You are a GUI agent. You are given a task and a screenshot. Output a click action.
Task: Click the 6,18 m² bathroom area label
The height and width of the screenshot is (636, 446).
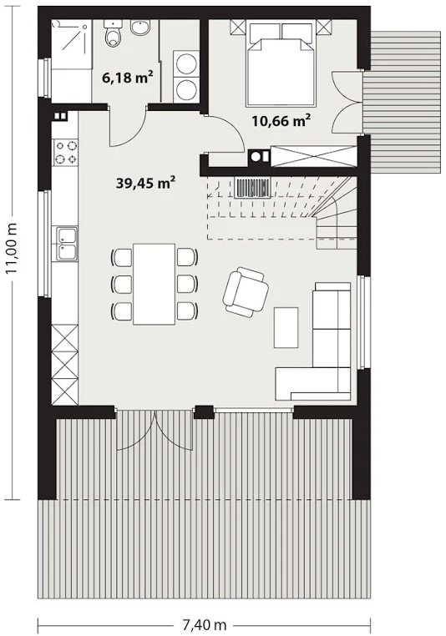pyautogui.click(x=127, y=77)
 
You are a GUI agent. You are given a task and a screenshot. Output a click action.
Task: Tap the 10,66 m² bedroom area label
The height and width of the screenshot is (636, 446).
pyautogui.click(x=281, y=120)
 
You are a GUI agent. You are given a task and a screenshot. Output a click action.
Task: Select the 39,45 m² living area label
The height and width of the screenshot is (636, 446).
pyautogui.click(x=145, y=183)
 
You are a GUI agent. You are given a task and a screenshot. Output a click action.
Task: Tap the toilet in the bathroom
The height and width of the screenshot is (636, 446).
pyautogui.click(x=113, y=33)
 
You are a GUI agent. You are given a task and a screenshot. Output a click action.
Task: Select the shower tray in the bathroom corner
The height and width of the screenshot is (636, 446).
pyautogui.click(x=69, y=38)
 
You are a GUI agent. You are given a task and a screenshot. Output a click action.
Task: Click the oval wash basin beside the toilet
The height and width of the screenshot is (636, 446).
pyautogui.click(x=140, y=28)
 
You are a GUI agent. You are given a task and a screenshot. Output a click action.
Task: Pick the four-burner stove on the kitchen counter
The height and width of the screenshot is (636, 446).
pyautogui.click(x=66, y=152)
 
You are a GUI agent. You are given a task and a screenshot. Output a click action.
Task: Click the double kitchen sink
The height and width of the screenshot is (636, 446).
pyautogui.click(x=65, y=244)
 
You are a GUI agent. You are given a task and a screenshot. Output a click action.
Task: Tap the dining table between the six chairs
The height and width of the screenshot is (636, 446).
pyautogui.click(x=155, y=284)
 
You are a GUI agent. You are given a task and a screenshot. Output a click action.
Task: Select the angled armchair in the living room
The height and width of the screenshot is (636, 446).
pyautogui.click(x=246, y=292)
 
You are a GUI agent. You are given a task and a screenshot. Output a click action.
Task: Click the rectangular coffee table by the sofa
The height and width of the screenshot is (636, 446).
pyautogui.click(x=286, y=327)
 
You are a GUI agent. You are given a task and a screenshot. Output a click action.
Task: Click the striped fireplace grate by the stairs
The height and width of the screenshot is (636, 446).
pyautogui.click(x=253, y=188)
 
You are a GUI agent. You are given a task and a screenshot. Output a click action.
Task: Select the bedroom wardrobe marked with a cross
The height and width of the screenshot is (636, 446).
pyautogui.click(x=314, y=156)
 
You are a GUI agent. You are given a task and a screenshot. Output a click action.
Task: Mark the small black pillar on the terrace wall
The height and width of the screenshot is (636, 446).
pyautogui.click(x=204, y=412)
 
